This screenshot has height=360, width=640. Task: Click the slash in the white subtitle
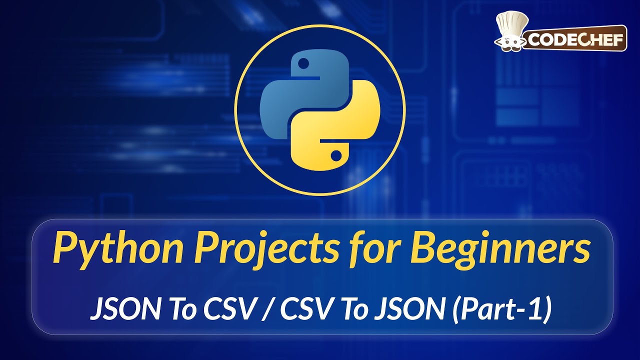pos(270,310)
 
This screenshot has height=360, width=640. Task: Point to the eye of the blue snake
pos(302,64)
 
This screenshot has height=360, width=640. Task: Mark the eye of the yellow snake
pos(336,154)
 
